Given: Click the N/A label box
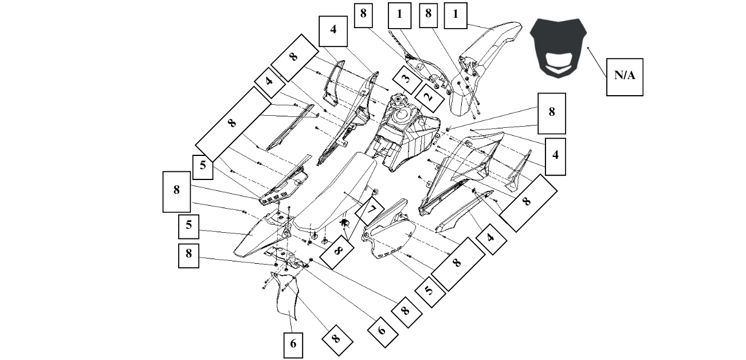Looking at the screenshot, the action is click(x=625, y=77).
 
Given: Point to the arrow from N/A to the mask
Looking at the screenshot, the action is click(x=596, y=62).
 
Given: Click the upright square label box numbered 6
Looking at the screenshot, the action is click(x=293, y=345).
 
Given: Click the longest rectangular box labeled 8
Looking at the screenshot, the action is click(x=233, y=124).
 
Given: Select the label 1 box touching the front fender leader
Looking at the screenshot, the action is click(x=456, y=15).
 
